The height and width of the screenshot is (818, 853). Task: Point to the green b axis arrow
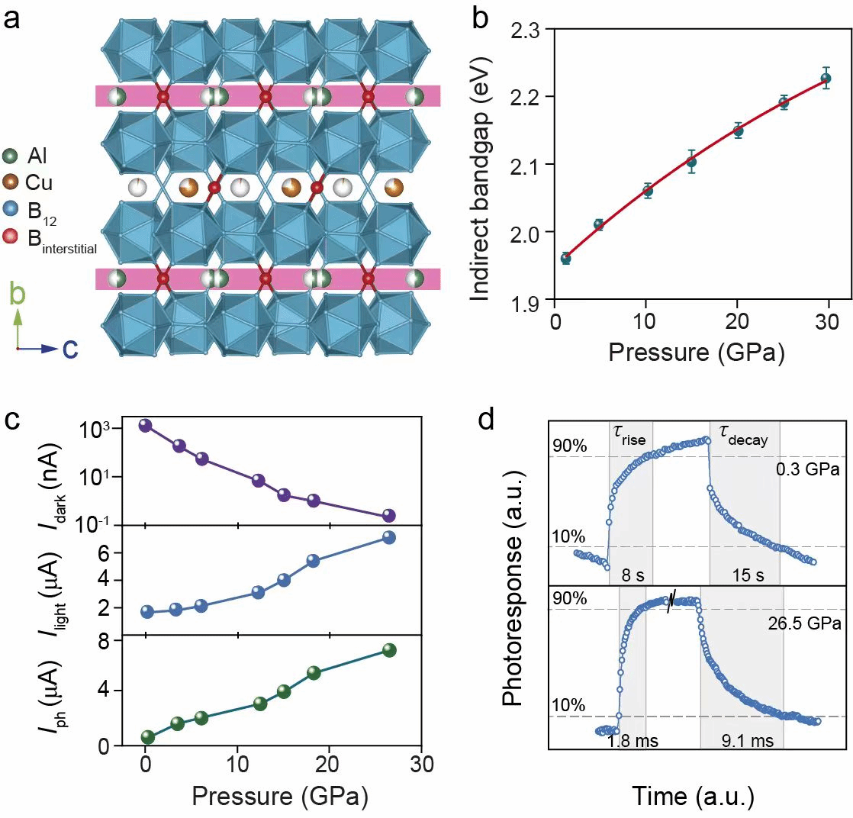pyautogui.click(x=17, y=314)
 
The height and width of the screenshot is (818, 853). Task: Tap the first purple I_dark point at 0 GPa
pyautogui.click(x=145, y=425)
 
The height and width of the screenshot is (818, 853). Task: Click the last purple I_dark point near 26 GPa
pyautogui.click(x=388, y=516)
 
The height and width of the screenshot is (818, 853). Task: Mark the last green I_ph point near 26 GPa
pyautogui.click(x=389, y=650)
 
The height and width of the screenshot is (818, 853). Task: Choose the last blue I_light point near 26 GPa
pyautogui.click(x=388, y=537)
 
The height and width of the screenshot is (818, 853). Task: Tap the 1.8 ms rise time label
pyautogui.click(x=633, y=740)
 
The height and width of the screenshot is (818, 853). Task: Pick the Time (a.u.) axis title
pyautogui.click(x=693, y=797)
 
